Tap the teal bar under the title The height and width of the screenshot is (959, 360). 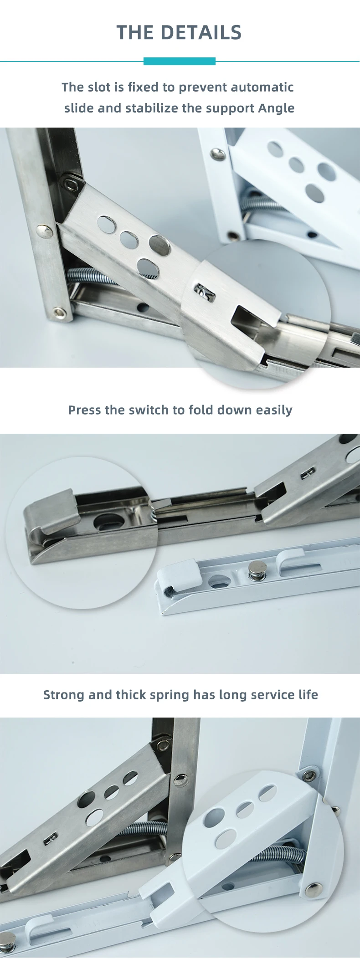pos(180,61)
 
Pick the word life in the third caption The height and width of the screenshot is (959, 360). pos(308,695)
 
